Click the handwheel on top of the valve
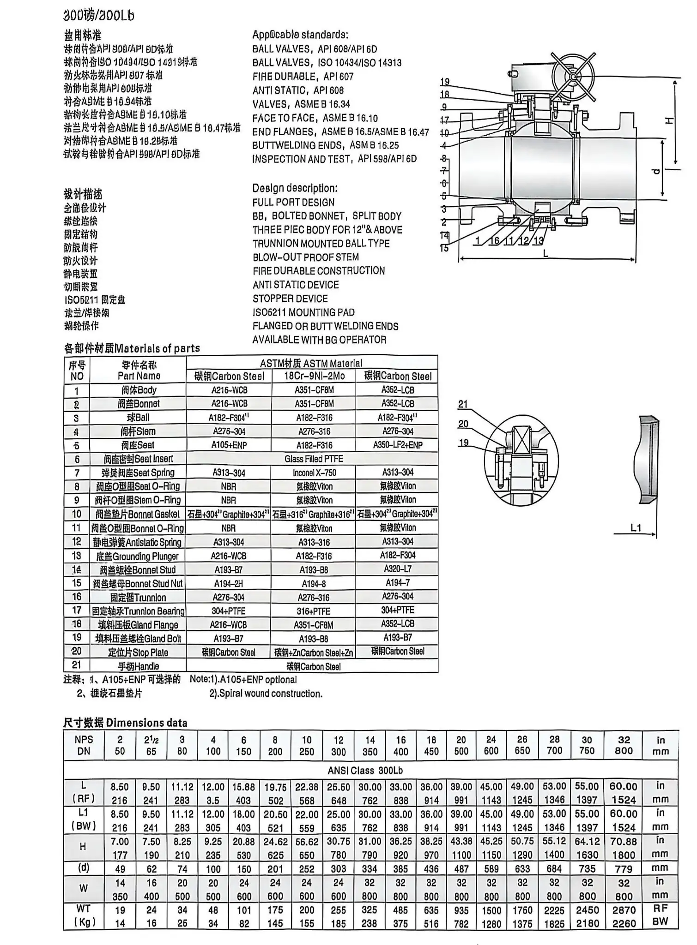[x=573, y=77]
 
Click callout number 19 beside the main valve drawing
[x=444, y=82]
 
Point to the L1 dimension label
[x=636, y=527]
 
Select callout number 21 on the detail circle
[x=463, y=405]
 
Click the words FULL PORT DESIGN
[x=293, y=203]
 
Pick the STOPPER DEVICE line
[x=290, y=299]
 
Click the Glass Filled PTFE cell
[x=314, y=459]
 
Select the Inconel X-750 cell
[x=314, y=472]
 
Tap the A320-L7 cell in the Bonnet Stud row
[x=397, y=569]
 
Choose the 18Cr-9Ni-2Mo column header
[x=314, y=376]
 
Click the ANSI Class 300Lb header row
[x=365, y=770]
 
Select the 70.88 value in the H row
[x=624, y=841]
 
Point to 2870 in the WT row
[x=624, y=910]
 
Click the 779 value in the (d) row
[x=624, y=869]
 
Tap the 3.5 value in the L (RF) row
[x=213, y=801]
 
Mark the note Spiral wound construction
[x=266, y=694]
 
